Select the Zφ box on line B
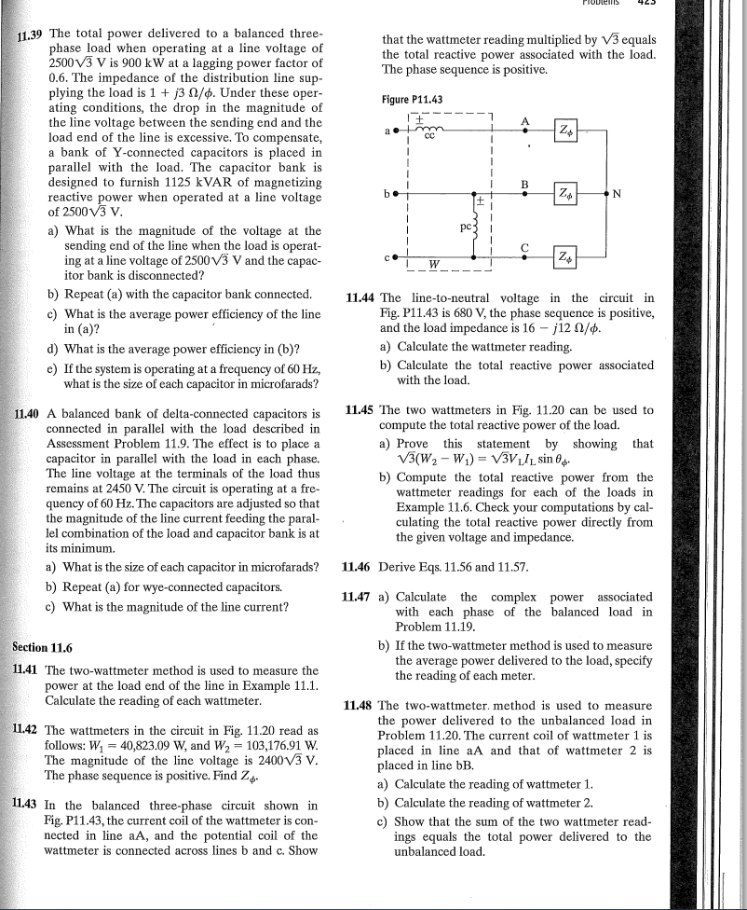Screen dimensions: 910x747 tap(568, 193)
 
